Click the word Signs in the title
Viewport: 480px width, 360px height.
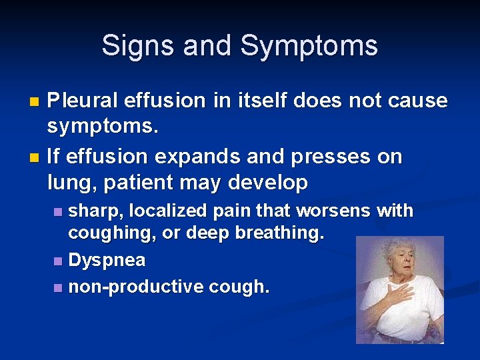(x=137, y=46)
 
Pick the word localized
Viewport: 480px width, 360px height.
(x=171, y=211)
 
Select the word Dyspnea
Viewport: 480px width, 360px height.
(x=107, y=261)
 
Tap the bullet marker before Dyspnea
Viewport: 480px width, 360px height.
(x=58, y=261)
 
